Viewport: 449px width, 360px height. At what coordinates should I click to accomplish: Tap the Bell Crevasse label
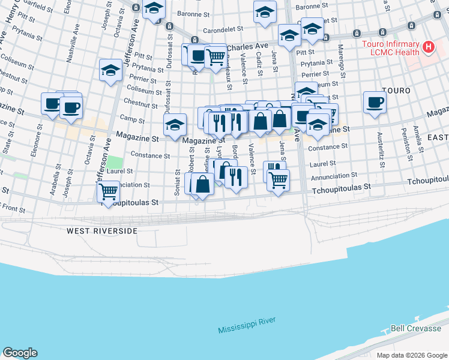pos(415,328)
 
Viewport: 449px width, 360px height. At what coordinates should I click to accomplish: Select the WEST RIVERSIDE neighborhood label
pos(102,230)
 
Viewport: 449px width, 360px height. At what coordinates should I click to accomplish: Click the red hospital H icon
pos(429,46)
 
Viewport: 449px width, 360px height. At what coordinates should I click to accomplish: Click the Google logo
pos(20,353)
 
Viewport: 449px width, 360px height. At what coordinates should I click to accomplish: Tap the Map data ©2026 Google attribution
pos(411,355)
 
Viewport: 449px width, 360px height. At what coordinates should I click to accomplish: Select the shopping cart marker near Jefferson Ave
pos(108,191)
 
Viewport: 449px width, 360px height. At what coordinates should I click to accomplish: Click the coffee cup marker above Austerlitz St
pos(375,102)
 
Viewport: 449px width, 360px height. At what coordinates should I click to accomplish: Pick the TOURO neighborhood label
pos(396,91)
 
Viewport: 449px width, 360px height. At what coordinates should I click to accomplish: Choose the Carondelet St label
pos(222,28)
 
